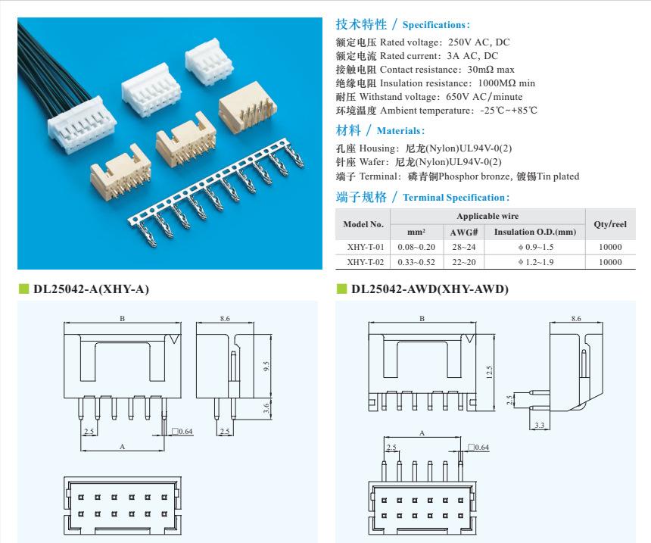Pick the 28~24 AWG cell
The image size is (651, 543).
463,248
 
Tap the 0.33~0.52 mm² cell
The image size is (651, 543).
416,262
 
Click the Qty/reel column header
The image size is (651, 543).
610,224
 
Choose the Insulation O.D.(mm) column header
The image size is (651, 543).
534,232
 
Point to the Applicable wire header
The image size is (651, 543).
492,217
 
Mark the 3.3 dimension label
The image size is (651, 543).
539,426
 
